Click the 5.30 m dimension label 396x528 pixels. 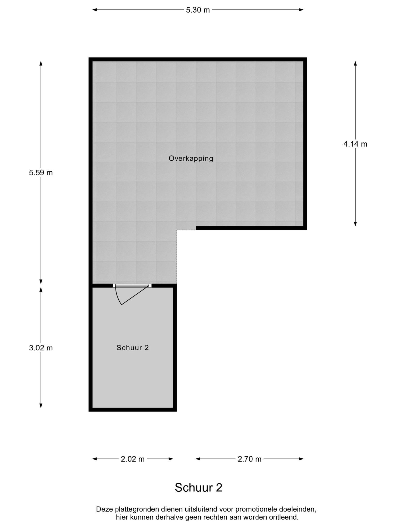pyautogui.click(x=198, y=10)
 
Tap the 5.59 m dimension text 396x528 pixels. pyautogui.click(x=41, y=173)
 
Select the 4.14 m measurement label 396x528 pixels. pyautogui.click(x=355, y=144)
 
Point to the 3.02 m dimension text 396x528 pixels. pyautogui.click(x=41, y=348)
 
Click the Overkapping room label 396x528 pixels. pyautogui.click(x=191, y=158)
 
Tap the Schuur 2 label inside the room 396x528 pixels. pyautogui.click(x=133, y=348)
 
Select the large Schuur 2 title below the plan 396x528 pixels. pyautogui.click(x=199, y=488)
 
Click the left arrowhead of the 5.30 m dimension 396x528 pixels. pyautogui.click(x=95, y=10)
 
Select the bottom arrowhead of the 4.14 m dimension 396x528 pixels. pyautogui.click(x=355, y=224)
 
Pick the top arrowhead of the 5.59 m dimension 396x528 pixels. pyautogui.click(x=41, y=63)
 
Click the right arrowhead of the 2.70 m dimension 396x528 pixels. pyautogui.click(x=301, y=459)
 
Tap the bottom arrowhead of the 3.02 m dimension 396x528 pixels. pyautogui.click(x=41, y=406)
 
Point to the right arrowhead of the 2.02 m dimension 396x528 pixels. pyautogui.click(x=171, y=459)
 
